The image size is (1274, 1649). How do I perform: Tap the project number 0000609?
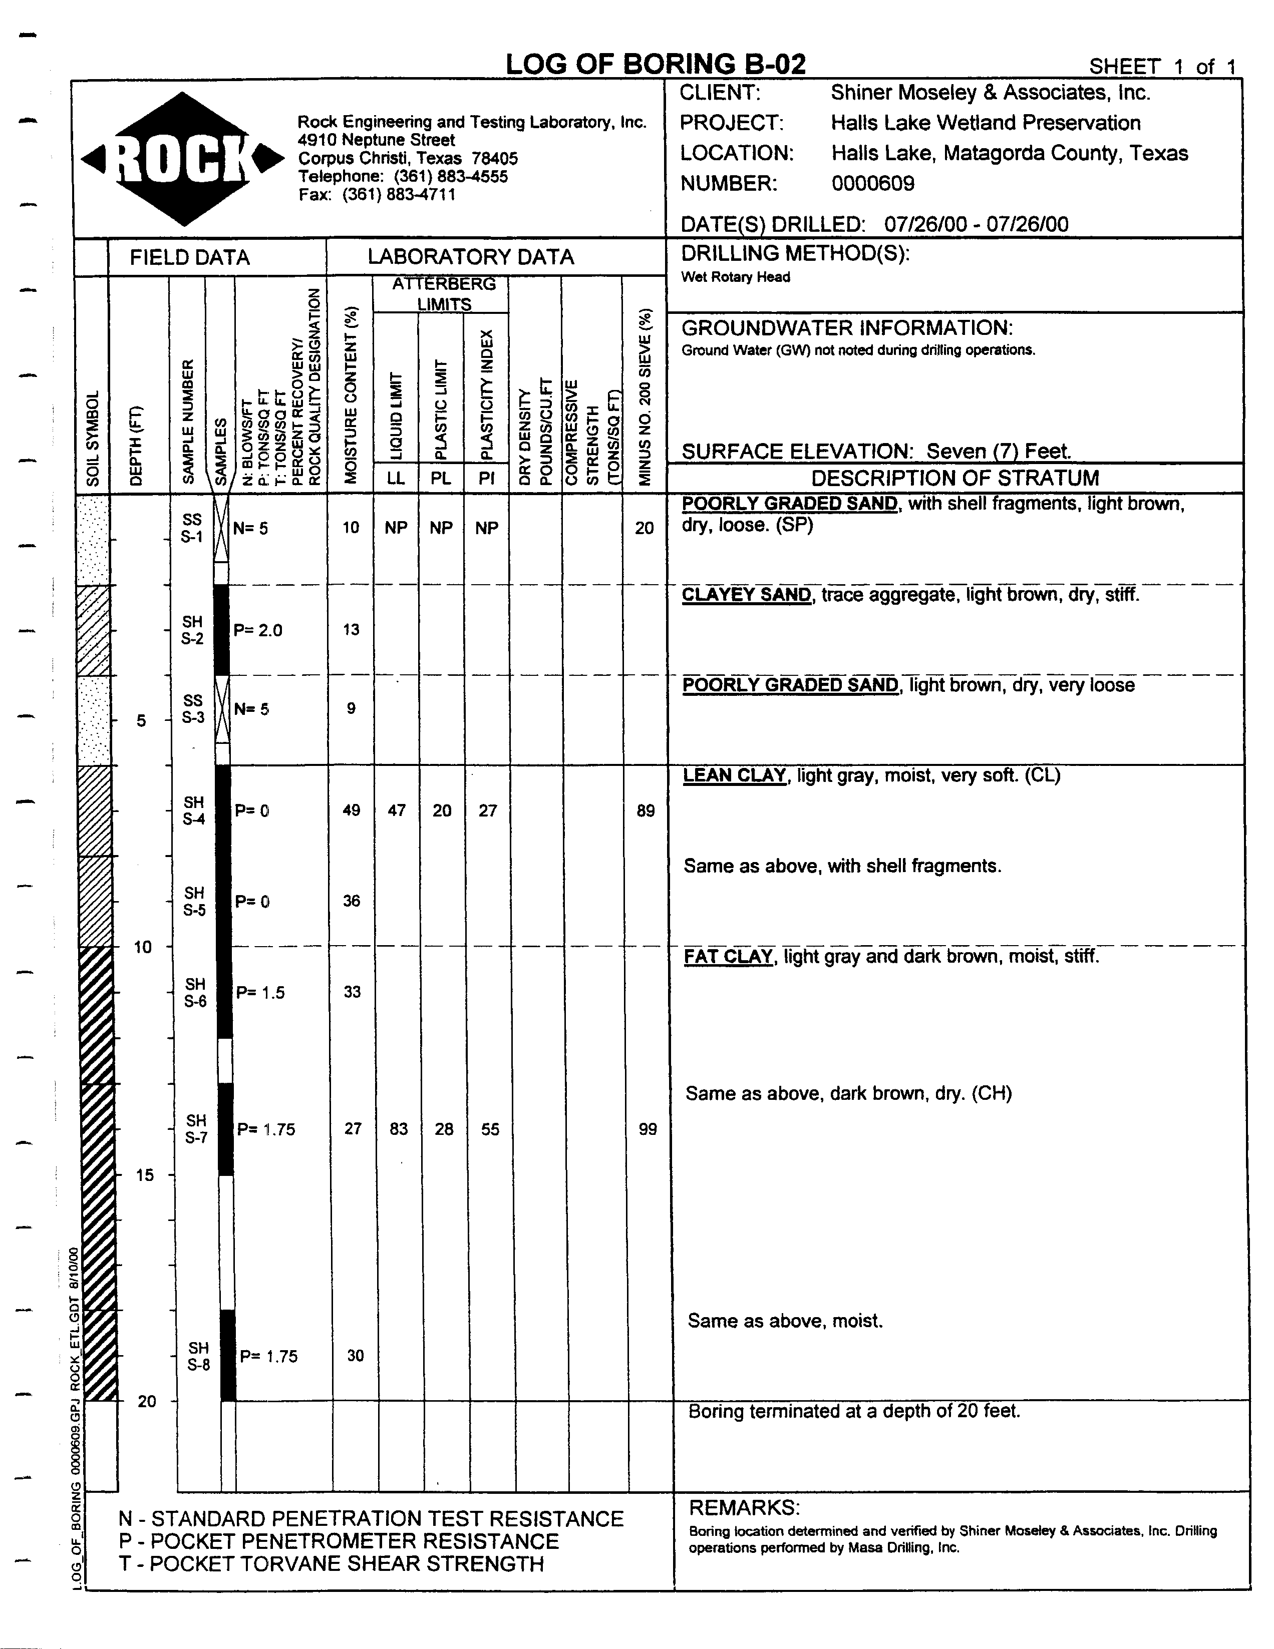click(872, 184)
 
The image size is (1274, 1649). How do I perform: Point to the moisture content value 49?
click(351, 810)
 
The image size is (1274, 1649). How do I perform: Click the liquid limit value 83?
click(398, 1129)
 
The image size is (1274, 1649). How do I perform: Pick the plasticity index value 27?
click(488, 810)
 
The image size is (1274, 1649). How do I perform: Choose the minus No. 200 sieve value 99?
click(647, 1129)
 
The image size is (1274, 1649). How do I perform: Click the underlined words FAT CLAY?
click(728, 957)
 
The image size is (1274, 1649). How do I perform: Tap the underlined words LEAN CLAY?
click(734, 775)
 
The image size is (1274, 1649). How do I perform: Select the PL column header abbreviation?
click(441, 478)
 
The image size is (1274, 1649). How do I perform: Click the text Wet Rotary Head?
click(735, 277)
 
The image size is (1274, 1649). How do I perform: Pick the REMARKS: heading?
click(744, 1508)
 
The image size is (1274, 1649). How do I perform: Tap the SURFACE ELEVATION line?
click(876, 452)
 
